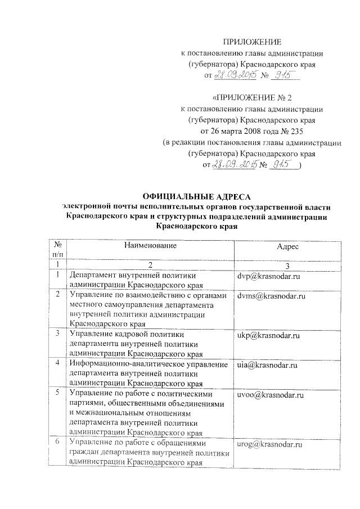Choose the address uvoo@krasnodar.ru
point(270,395)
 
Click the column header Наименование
point(150,246)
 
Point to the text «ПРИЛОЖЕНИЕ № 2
point(251,97)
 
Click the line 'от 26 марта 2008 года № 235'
point(251,130)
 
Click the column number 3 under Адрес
point(287,264)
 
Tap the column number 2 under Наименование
point(150,264)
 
